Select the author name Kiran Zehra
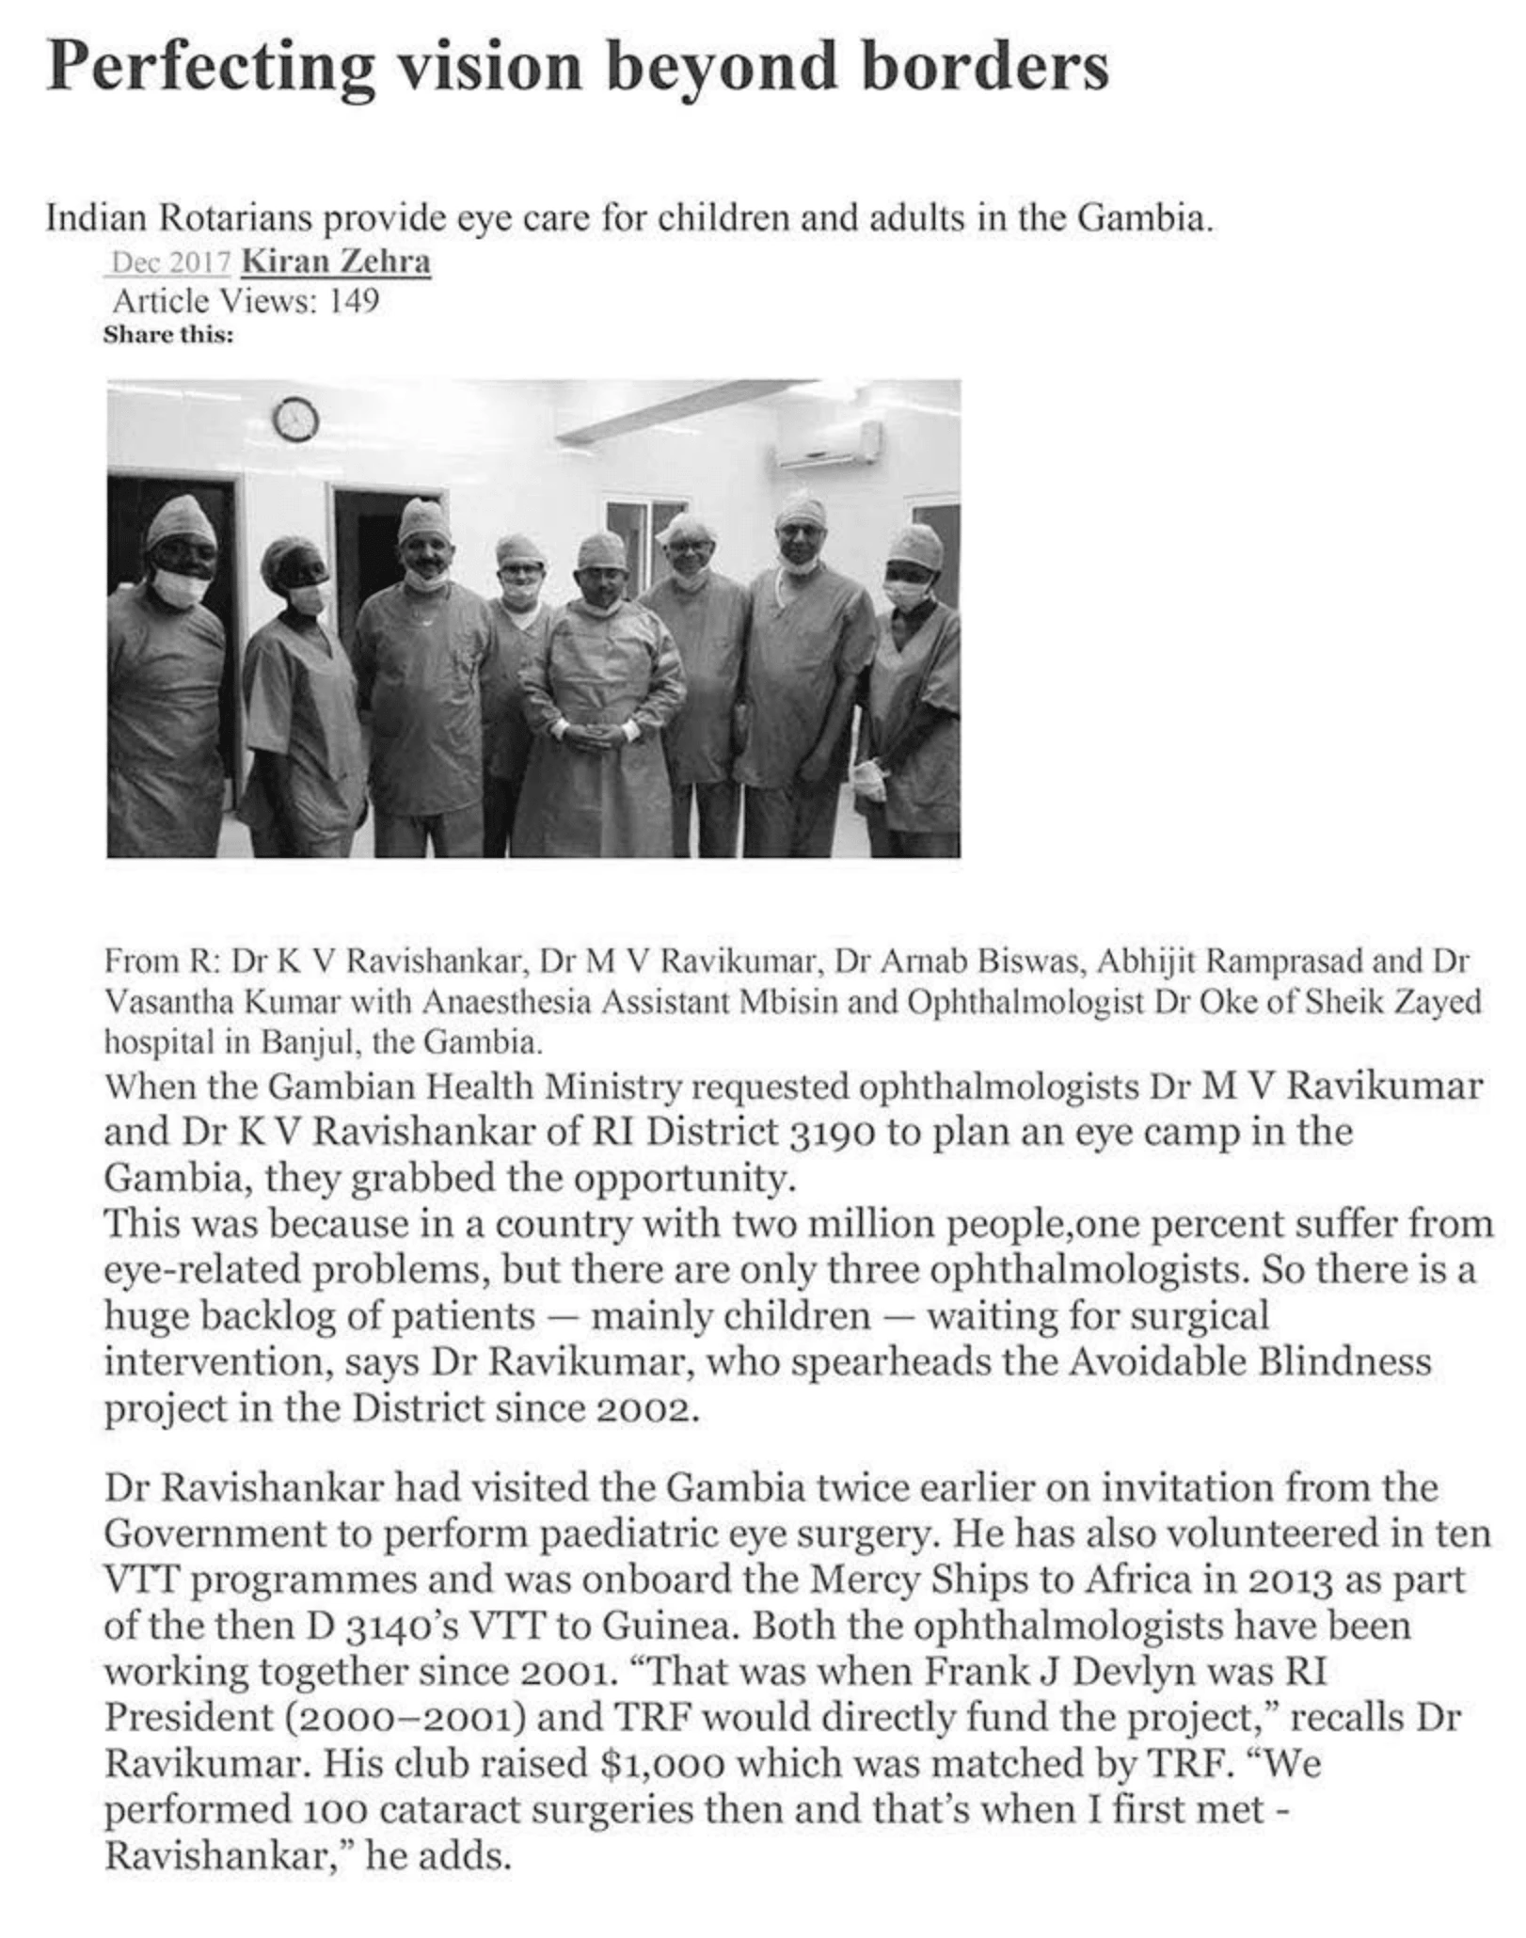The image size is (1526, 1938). (x=336, y=262)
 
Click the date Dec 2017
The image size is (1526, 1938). (x=170, y=262)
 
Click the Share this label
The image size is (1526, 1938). (x=167, y=335)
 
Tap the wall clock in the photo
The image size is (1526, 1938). (x=295, y=420)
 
